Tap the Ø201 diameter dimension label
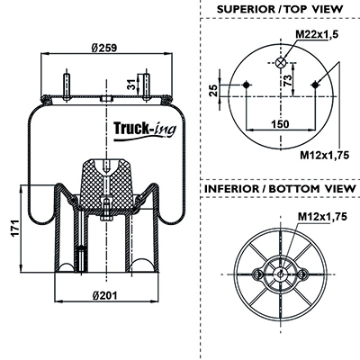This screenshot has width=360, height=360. point(105,296)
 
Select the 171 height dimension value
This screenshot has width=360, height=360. point(15,229)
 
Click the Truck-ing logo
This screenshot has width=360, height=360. point(145,130)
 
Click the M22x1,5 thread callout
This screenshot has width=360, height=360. point(317,34)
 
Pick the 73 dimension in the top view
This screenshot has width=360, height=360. point(287,80)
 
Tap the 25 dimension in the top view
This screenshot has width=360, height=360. point(213,90)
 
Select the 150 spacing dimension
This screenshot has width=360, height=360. point(280,123)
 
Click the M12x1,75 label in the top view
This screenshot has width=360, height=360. point(325,155)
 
